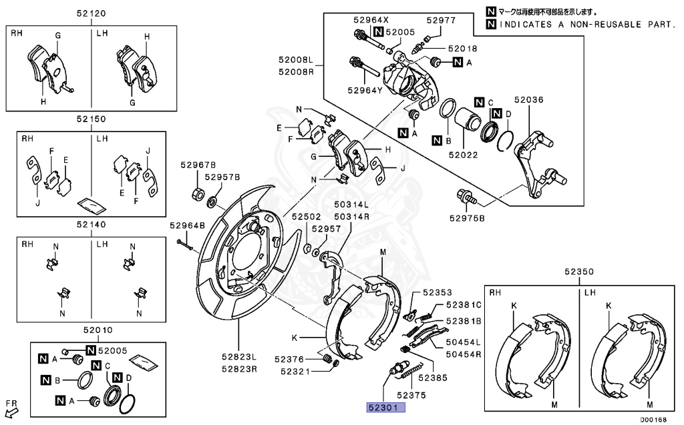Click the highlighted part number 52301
point(383,408)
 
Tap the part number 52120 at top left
point(91,13)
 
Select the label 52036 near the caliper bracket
point(529,100)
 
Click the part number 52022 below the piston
point(464,155)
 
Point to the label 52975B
point(467,218)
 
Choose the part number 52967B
point(198,165)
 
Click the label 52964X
point(371,20)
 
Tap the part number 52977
point(441,20)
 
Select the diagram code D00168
point(653,420)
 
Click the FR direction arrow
point(11,411)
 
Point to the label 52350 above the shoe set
point(579,272)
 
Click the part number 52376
point(289,359)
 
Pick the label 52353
point(437,292)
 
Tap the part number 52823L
point(239,356)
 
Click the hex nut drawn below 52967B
point(198,193)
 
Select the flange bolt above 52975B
point(465,196)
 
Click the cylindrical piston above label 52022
point(468,119)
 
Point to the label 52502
point(306,217)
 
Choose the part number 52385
point(433,378)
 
